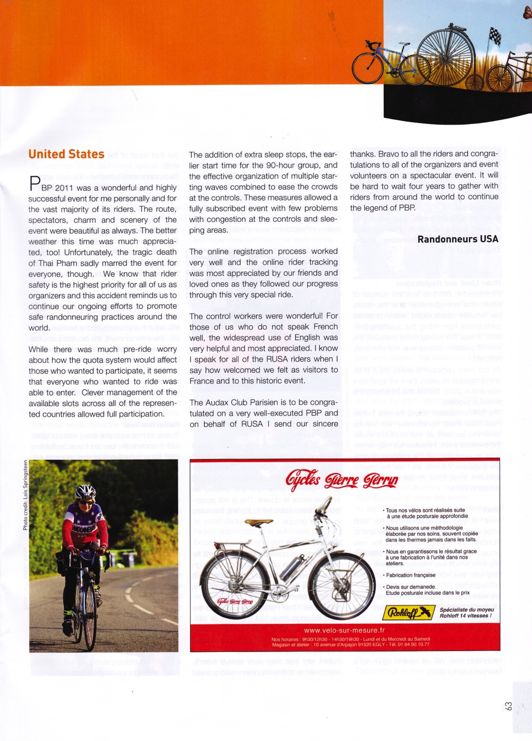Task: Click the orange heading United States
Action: point(66,154)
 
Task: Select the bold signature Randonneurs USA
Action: point(458,239)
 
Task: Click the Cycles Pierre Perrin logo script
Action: point(342,480)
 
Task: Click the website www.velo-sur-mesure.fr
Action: point(344,630)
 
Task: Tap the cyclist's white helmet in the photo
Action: point(86,492)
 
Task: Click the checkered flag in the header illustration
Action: point(494,36)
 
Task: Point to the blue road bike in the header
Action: point(380,63)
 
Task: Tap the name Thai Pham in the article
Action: point(53,263)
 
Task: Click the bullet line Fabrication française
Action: point(410,575)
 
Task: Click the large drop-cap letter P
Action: point(34,185)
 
